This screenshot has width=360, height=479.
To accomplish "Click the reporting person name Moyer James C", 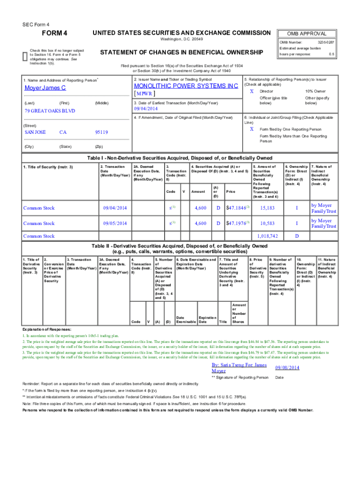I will coord(45,88).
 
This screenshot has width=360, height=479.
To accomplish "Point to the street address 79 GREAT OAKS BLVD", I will coord(50,111).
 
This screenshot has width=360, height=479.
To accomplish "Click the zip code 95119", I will coord(101,132).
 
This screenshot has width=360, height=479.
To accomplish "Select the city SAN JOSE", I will coord(35,132).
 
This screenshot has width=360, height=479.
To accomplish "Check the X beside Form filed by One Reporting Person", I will coord(252,129).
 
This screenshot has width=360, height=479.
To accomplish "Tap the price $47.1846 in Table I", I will coord(237,207).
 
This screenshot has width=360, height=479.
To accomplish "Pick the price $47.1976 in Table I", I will coord(237,223).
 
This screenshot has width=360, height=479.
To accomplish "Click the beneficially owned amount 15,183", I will coord(267,208).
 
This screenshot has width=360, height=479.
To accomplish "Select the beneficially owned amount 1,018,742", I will coord(268,236).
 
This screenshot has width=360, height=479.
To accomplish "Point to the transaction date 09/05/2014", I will coord(115,224).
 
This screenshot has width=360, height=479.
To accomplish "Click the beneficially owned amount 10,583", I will coord(267,224).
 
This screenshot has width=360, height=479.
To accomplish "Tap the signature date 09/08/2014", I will coord(288,368).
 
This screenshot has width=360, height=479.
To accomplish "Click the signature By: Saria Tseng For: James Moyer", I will coord(239,368).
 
